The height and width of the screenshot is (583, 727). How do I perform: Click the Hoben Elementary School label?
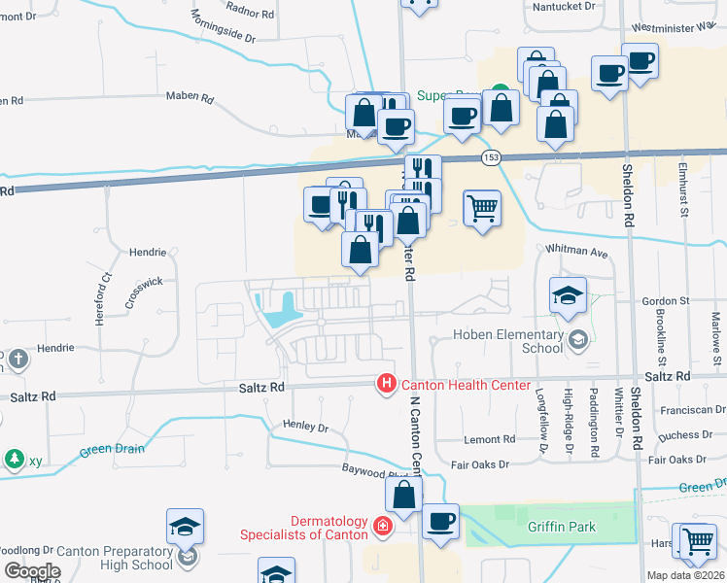508,341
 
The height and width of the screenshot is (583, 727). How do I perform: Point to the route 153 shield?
491,156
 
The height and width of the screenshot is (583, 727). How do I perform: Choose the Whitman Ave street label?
583,253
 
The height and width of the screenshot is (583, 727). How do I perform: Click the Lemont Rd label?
489,439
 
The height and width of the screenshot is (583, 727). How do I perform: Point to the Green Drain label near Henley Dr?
112,449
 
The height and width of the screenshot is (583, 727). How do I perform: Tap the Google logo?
32,571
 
